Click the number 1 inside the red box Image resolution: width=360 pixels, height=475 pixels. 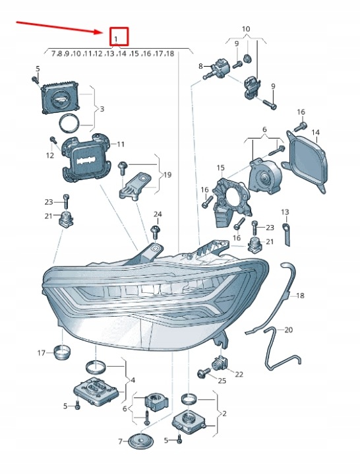116,38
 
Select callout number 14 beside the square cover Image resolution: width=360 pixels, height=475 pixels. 315,133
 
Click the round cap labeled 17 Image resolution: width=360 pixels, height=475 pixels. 62,351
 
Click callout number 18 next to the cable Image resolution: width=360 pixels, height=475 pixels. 300,296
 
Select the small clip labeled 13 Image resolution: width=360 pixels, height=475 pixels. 286,234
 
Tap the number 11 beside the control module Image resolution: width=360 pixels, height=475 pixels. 121,144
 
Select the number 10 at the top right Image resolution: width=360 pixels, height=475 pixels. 246,29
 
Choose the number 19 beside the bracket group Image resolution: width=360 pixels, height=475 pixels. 167,175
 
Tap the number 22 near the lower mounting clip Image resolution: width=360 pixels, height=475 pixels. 239,375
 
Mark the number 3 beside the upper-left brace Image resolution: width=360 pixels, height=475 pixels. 102,109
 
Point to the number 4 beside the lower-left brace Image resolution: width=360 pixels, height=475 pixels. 133,380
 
